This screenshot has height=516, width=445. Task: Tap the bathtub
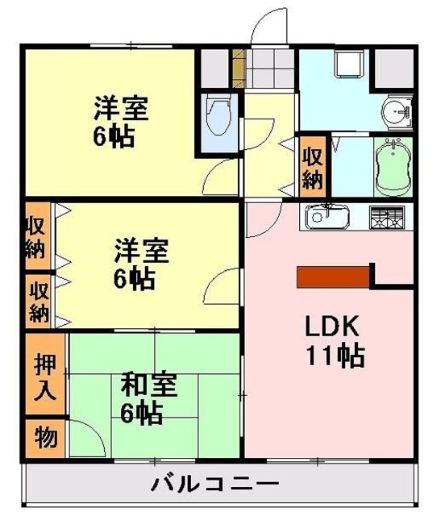pos(393,167)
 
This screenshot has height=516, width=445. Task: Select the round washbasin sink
pos(397,112)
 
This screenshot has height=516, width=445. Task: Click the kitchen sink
pos(326,216)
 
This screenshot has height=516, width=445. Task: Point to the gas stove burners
pos(387,217)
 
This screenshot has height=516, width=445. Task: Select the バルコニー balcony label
pos(215,484)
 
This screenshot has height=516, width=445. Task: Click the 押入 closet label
pos(45,376)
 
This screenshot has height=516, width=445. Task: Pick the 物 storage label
pos(46,437)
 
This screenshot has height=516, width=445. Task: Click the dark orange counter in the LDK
pos(333,277)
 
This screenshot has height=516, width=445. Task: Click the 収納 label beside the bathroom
pos(313,168)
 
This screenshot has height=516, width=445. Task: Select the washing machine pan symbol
pos(349,64)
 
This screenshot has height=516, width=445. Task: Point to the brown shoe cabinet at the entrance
pos(239,68)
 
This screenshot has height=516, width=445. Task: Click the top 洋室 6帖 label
pos(121,122)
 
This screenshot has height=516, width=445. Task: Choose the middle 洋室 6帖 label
pos(141,264)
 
